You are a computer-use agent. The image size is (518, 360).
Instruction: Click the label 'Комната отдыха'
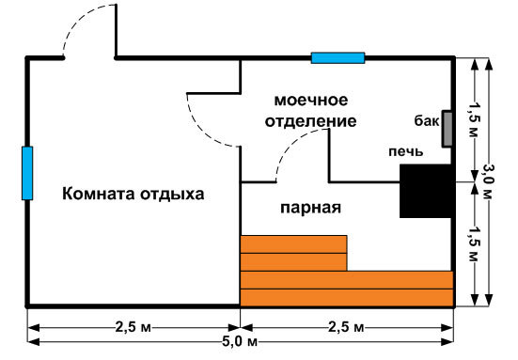(133, 195)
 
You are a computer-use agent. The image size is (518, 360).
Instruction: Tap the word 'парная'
(310, 208)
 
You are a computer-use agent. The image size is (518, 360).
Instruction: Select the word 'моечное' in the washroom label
(311, 100)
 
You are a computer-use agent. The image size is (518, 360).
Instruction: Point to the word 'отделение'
(310, 121)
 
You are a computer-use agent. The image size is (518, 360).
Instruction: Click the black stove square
(426, 191)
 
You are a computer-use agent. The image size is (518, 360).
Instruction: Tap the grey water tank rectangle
(447, 129)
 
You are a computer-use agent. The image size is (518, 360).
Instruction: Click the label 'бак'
(427, 121)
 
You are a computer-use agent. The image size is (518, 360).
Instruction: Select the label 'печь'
(406, 151)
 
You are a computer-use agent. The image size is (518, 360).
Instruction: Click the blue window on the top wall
(337, 57)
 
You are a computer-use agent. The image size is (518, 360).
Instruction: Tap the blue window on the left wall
(27, 173)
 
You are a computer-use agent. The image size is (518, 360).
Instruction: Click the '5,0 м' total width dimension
(240, 341)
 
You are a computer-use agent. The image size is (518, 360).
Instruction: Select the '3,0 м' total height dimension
(487, 181)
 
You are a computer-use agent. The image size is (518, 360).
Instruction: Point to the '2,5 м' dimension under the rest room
(133, 327)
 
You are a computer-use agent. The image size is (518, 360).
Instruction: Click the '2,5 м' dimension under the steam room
(346, 327)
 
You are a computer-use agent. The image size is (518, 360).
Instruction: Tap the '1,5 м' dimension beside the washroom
(474, 118)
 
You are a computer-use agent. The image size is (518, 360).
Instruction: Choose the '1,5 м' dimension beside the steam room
(474, 244)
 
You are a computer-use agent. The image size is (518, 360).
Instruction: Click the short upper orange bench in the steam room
(293, 253)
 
